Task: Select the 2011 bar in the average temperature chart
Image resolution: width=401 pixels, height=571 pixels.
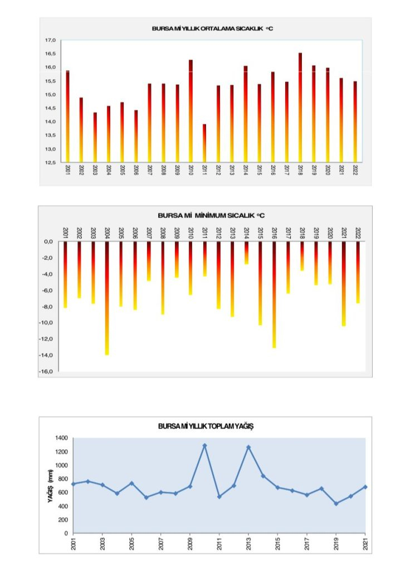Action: tap(204, 143)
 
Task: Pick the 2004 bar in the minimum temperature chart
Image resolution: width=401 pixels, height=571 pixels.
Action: tap(107, 298)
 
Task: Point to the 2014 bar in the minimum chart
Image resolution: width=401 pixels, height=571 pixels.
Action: tap(246, 253)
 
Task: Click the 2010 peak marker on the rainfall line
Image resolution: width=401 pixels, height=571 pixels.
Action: tap(204, 446)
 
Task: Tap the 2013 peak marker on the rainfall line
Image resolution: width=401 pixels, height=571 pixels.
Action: tap(248, 447)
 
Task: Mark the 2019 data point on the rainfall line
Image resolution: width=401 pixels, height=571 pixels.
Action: tap(336, 504)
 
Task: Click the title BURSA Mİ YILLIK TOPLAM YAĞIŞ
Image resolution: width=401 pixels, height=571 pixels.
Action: tap(206, 426)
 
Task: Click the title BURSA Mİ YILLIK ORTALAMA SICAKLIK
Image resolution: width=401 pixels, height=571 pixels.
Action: tap(212, 28)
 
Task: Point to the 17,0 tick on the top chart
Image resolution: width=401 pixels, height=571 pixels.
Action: tap(51, 40)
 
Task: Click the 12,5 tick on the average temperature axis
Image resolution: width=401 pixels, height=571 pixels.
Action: tap(51, 162)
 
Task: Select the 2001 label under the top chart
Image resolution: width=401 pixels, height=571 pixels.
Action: tap(67, 170)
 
